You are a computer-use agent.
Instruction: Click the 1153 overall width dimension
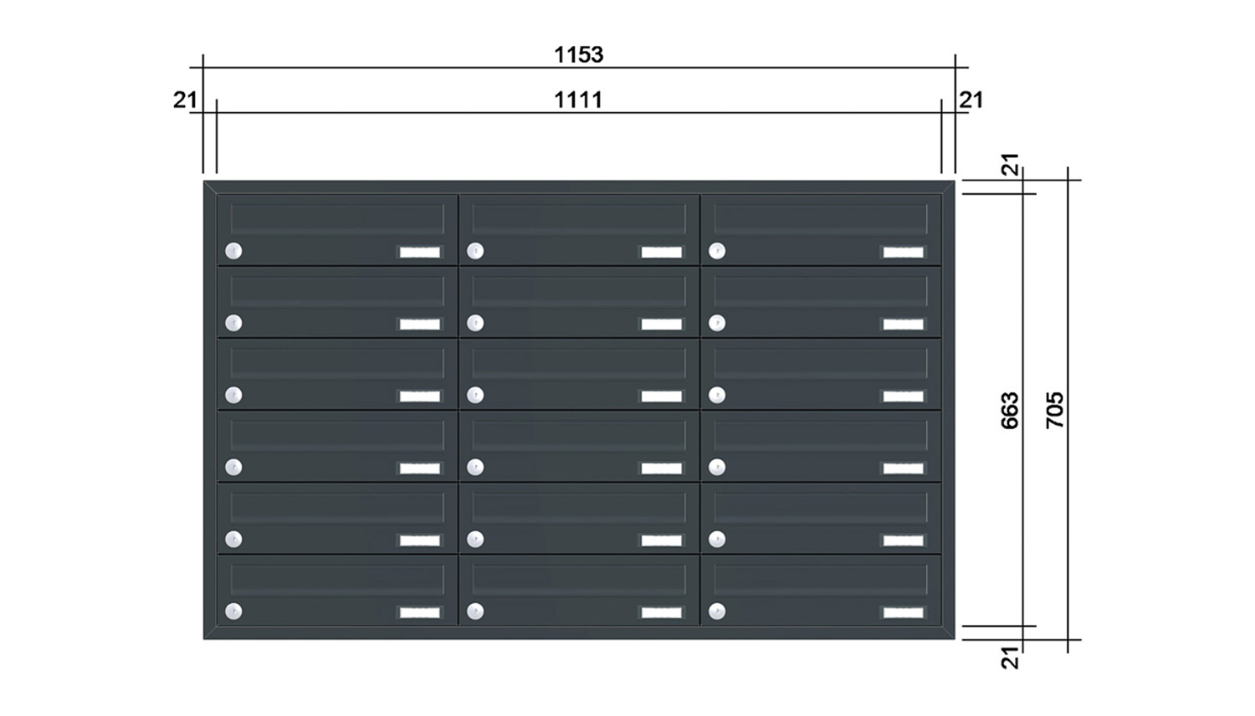pos(579,55)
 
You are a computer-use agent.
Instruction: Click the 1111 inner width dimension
pos(579,100)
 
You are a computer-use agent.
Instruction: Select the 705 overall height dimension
pos(1055,410)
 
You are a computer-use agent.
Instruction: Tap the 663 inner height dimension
pos(1010,410)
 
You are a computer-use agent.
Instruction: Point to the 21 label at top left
pos(185,100)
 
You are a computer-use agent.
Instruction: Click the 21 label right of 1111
pos(971,100)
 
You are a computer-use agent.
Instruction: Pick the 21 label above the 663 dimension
pos(1010,165)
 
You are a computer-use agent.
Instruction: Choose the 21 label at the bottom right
pos(1010,657)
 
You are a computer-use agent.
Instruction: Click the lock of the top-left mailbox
pos(233,250)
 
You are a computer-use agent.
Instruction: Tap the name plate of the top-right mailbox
pos(903,252)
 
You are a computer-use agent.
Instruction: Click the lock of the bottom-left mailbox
pos(233,611)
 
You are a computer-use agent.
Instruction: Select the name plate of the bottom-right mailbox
pos(903,613)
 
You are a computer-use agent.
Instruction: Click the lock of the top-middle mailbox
pos(475,250)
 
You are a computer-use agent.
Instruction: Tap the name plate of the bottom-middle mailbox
pos(662,613)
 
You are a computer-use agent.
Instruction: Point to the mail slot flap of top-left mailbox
pos(337,219)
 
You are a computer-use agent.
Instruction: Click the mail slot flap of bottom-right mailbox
pos(821,580)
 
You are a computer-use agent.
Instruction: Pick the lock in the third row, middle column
pos(475,395)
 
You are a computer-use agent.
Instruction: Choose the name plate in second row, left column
pos(420,325)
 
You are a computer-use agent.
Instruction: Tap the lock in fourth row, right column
pos(717,467)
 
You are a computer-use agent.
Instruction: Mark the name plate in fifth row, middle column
pos(662,540)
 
